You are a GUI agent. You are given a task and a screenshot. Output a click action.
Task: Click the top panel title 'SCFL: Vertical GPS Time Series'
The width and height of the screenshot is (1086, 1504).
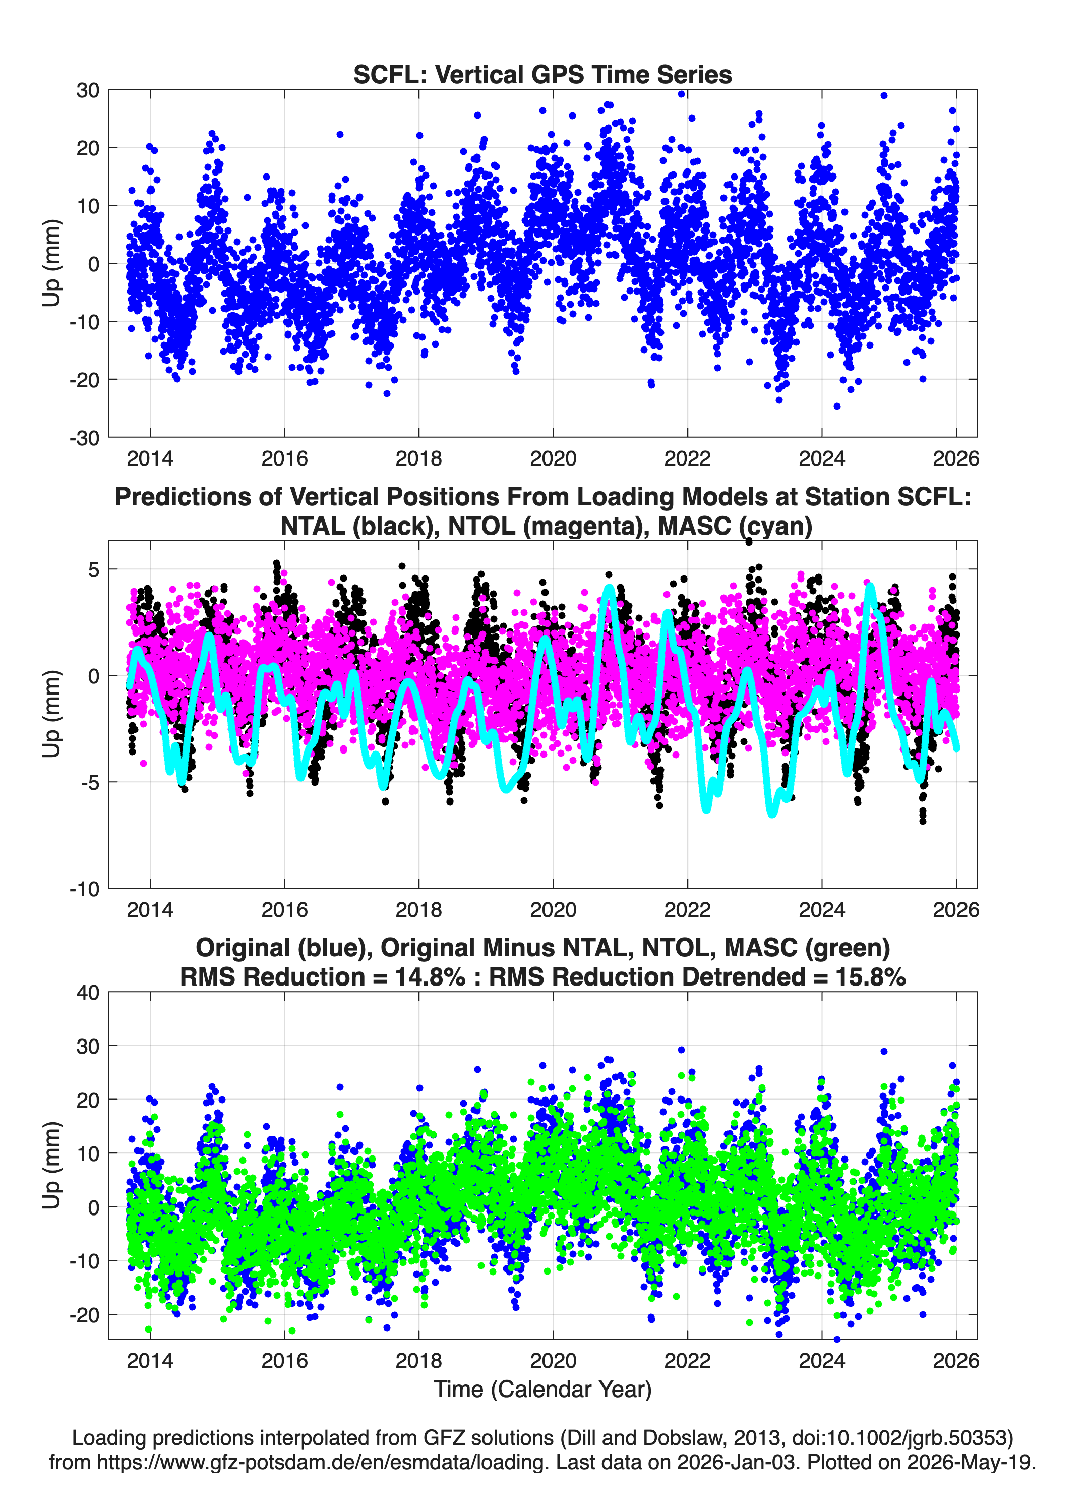click(542, 74)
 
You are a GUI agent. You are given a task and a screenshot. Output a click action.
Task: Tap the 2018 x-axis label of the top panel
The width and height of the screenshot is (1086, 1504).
click(418, 458)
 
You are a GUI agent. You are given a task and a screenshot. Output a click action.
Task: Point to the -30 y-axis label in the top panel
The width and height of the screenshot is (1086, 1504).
click(84, 438)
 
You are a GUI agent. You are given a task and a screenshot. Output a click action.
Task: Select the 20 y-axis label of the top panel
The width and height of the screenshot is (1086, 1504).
click(88, 148)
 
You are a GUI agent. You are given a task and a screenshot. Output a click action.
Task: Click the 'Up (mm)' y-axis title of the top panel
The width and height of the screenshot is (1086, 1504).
click(52, 263)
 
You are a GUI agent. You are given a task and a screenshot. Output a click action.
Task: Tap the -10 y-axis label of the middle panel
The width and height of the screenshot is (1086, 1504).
click(84, 889)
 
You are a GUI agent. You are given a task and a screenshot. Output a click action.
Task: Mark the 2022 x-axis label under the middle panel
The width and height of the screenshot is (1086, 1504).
click(688, 910)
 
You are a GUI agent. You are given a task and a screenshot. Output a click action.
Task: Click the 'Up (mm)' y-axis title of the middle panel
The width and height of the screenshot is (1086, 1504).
click(52, 714)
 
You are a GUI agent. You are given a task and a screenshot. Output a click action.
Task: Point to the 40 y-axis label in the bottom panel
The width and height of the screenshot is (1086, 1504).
click(88, 993)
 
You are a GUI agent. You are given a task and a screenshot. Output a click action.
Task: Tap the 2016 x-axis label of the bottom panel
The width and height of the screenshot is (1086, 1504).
click(284, 1361)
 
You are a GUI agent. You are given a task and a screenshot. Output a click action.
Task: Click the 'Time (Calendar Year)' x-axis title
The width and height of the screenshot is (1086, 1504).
click(542, 1390)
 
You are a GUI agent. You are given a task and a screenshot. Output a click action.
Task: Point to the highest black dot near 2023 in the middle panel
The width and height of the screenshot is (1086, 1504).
click(749, 542)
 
